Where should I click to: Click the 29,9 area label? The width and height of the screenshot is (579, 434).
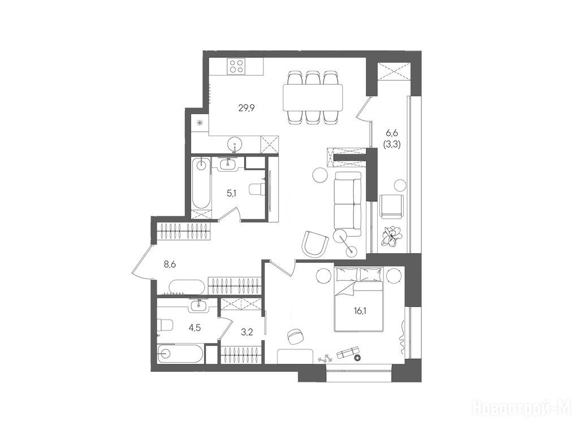point(247,108)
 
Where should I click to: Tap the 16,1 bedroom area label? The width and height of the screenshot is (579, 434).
point(360,311)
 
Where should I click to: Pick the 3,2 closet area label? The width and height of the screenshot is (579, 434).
point(247,332)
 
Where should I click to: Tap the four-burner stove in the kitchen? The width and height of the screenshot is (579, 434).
point(236,67)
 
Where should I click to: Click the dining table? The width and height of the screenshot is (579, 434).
point(313,97)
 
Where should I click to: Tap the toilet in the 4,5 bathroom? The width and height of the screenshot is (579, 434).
point(165,325)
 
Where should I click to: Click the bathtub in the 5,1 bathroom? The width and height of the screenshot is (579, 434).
point(202,183)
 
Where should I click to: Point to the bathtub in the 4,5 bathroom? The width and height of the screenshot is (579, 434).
point(180,354)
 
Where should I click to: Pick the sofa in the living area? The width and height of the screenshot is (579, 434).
point(348,203)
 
